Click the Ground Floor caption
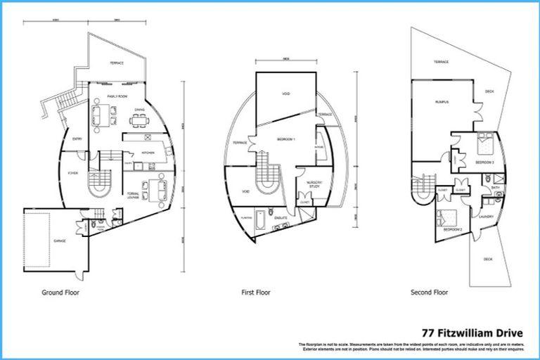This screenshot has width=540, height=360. tap(60, 292)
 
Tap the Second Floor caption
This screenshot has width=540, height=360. tap(429, 292)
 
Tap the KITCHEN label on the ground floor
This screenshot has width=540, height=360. tap(148, 153)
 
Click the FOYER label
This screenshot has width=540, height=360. tap(72, 172)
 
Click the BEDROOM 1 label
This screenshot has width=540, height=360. tap(285, 139)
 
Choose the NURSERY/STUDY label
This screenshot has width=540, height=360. tap(314, 184)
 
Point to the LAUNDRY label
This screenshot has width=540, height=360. tap(487, 217)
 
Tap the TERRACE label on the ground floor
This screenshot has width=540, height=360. tap(116, 63)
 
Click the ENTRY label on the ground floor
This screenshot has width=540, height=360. tap(77, 139)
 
